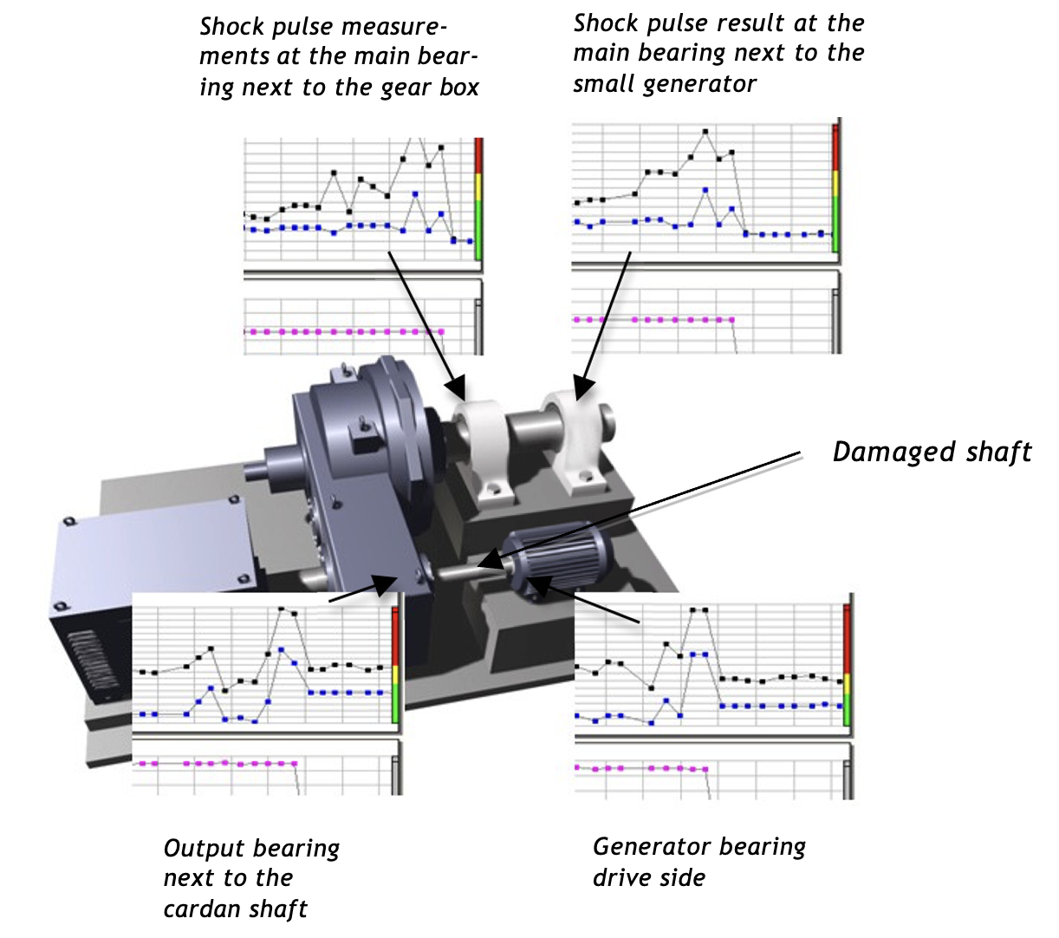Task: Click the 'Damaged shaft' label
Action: coord(932,453)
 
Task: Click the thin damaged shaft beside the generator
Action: coord(459,570)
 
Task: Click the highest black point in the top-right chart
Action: coord(705,132)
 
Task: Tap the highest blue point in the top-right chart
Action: coord(705,190)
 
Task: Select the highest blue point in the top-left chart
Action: coord(417,194)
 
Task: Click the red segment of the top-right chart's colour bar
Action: coord(835,147)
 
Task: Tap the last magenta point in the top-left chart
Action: coord(442,331)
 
